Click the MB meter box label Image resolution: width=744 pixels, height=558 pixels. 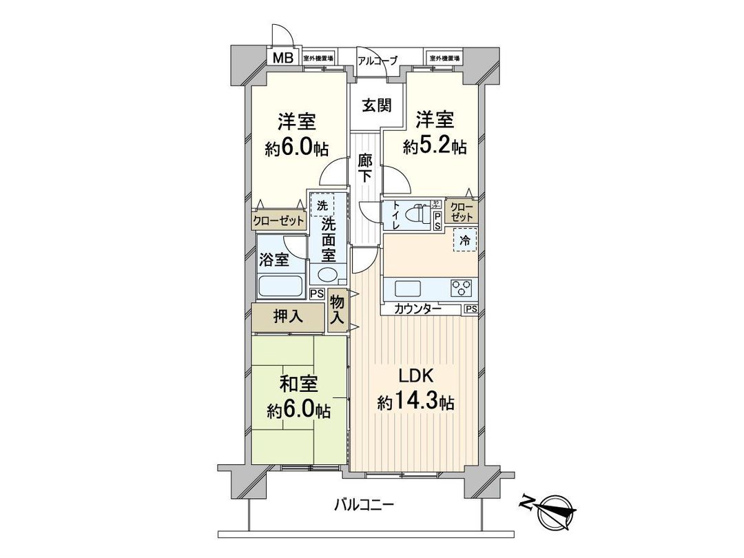pyautogui.click(x=282, y=58)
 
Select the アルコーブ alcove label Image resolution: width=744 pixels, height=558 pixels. pyautogui.click(x=377, y=61)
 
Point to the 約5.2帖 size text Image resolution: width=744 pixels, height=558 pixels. pyautogui.click(x=435, y=146)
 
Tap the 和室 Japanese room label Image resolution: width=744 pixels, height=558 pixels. pyautogui.click(x=298, y=382)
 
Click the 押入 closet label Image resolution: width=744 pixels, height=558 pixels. pyautogui.click(x=287, y=317)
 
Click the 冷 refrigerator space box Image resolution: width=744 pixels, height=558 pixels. pyautogui.click(x=465, y=242)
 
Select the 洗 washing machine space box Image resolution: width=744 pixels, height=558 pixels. pyautogui.click(x=322, y=205)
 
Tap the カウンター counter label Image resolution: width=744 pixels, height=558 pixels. pyautogui.click(x=417, y=309)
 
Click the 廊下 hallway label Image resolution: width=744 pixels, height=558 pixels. pyautogui.click(x=365, y=169)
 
